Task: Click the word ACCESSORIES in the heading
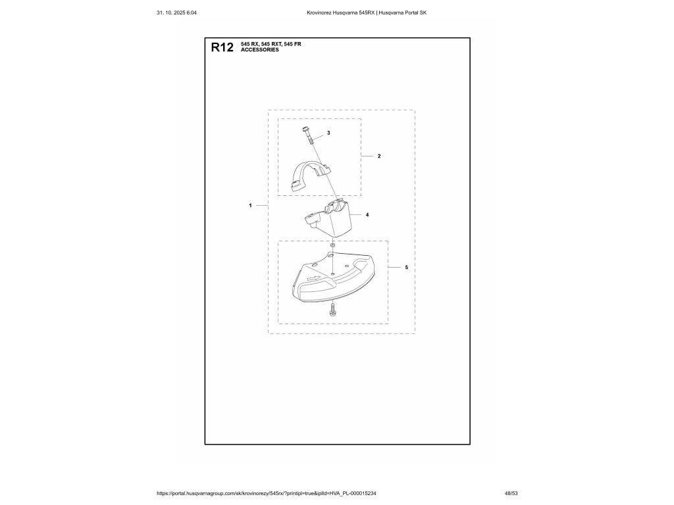pyautogui.click(x=260, y=49)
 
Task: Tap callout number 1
pyautogui.click(x=251, y=206)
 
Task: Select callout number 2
pyautogui.click(x=379, y=156)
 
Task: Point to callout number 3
pyautogui.click(x=328, y=133)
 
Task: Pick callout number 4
pyautogui.click(x=367, y=215)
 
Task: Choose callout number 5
pyautogui.click(x=406, y=268)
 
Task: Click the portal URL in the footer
pyautogui.click(x=271, y=493)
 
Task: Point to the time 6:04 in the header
pyautogui.click(x=192, y=13)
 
